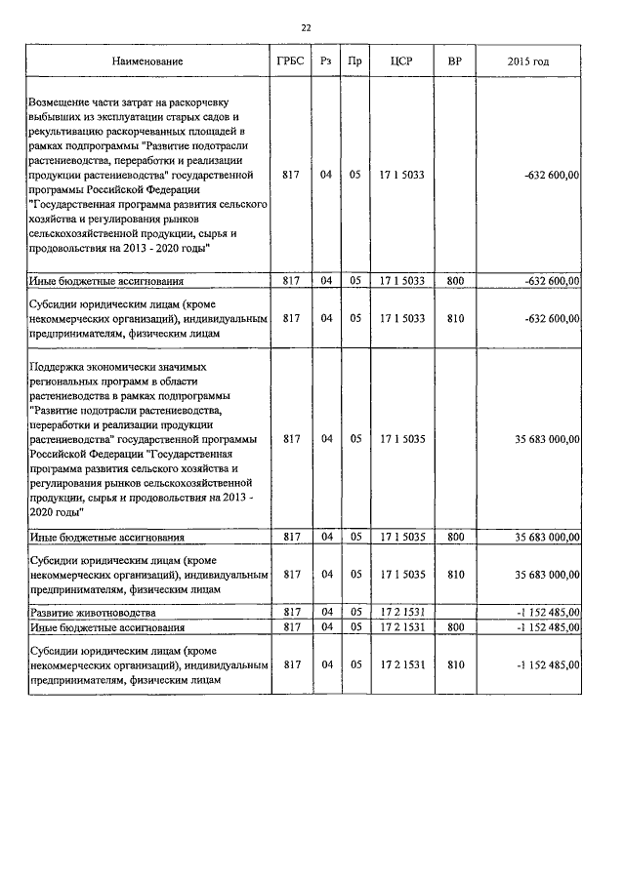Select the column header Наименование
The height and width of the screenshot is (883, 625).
[x=147, y=61]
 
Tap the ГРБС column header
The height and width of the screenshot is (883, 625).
[x=290, y=61]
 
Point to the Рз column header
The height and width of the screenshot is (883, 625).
[x=326, y=61]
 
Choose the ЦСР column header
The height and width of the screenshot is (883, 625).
[x=401, y=61]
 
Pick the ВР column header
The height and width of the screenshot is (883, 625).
[x=454, y=61]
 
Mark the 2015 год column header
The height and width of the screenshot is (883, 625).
[x=528, y=61]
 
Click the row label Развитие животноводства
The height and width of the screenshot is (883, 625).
[x=92, y=612]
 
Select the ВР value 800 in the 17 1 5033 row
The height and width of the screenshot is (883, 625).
[x=454, y=281]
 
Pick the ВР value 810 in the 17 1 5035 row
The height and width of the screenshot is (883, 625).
[x=454, y=574]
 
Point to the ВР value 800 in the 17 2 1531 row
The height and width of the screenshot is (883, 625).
[x=454, y=627]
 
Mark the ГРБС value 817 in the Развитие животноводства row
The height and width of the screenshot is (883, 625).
[x=290, y=612]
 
